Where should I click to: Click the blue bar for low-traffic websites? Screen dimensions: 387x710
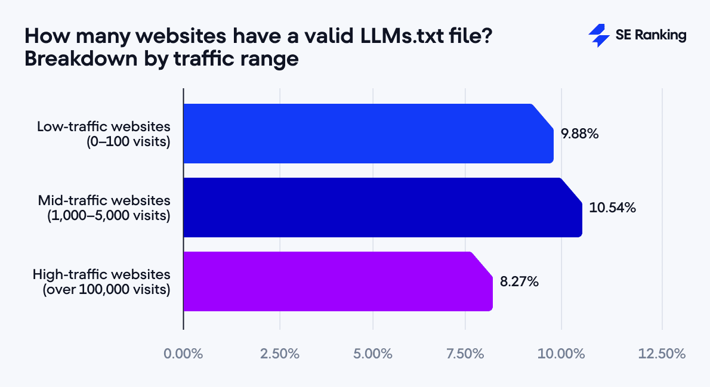tap(367, 134)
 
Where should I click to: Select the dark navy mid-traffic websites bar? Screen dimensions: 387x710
tap(382, 208)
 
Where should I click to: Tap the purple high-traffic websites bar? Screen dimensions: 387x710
tap(337, 281)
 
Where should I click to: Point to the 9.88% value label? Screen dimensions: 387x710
tap(579, 134)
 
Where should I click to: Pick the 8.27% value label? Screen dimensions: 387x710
tap(519, 282)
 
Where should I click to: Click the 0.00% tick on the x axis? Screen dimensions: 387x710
tap(183, 354)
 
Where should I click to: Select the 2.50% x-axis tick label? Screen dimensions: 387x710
tap(280, 354)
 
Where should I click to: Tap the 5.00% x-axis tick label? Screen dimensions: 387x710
tap(373, 354)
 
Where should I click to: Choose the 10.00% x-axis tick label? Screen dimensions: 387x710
tap(561, 354)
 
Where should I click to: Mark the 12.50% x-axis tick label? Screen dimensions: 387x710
tap(662, 354)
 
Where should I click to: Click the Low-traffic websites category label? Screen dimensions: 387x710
tap(103, 127)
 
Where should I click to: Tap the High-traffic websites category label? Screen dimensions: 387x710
tap(101, 274)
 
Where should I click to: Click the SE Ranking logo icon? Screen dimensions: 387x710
tap(598, 36)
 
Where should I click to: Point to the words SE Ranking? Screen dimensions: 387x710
tap(650, 36)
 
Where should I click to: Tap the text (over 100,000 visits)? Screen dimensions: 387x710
tap(107, 290)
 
